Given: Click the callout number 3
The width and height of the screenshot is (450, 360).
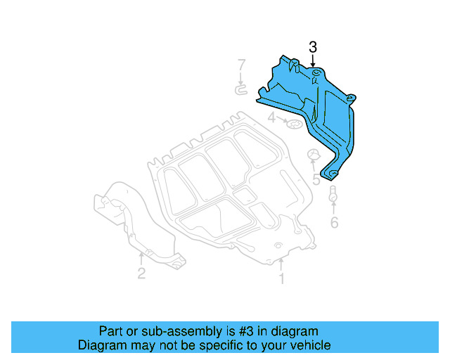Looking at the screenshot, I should pos(313,47).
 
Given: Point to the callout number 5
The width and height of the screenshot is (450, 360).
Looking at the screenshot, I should pos(316,180).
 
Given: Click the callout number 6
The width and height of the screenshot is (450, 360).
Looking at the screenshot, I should pos(334,223).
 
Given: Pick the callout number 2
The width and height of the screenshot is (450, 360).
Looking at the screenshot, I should pos(141,274).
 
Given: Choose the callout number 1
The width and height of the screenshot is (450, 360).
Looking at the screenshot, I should pos(281,279).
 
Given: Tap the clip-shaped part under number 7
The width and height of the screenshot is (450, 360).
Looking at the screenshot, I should pos(241,89).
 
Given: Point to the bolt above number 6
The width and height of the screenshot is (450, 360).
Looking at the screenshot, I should pos(333,198).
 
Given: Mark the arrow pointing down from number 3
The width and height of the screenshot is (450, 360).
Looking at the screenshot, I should pos(313,61).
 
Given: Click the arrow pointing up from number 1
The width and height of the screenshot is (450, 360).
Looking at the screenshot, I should pos(281,265).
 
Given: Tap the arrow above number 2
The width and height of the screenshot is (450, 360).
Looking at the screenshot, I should pos(141,258).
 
